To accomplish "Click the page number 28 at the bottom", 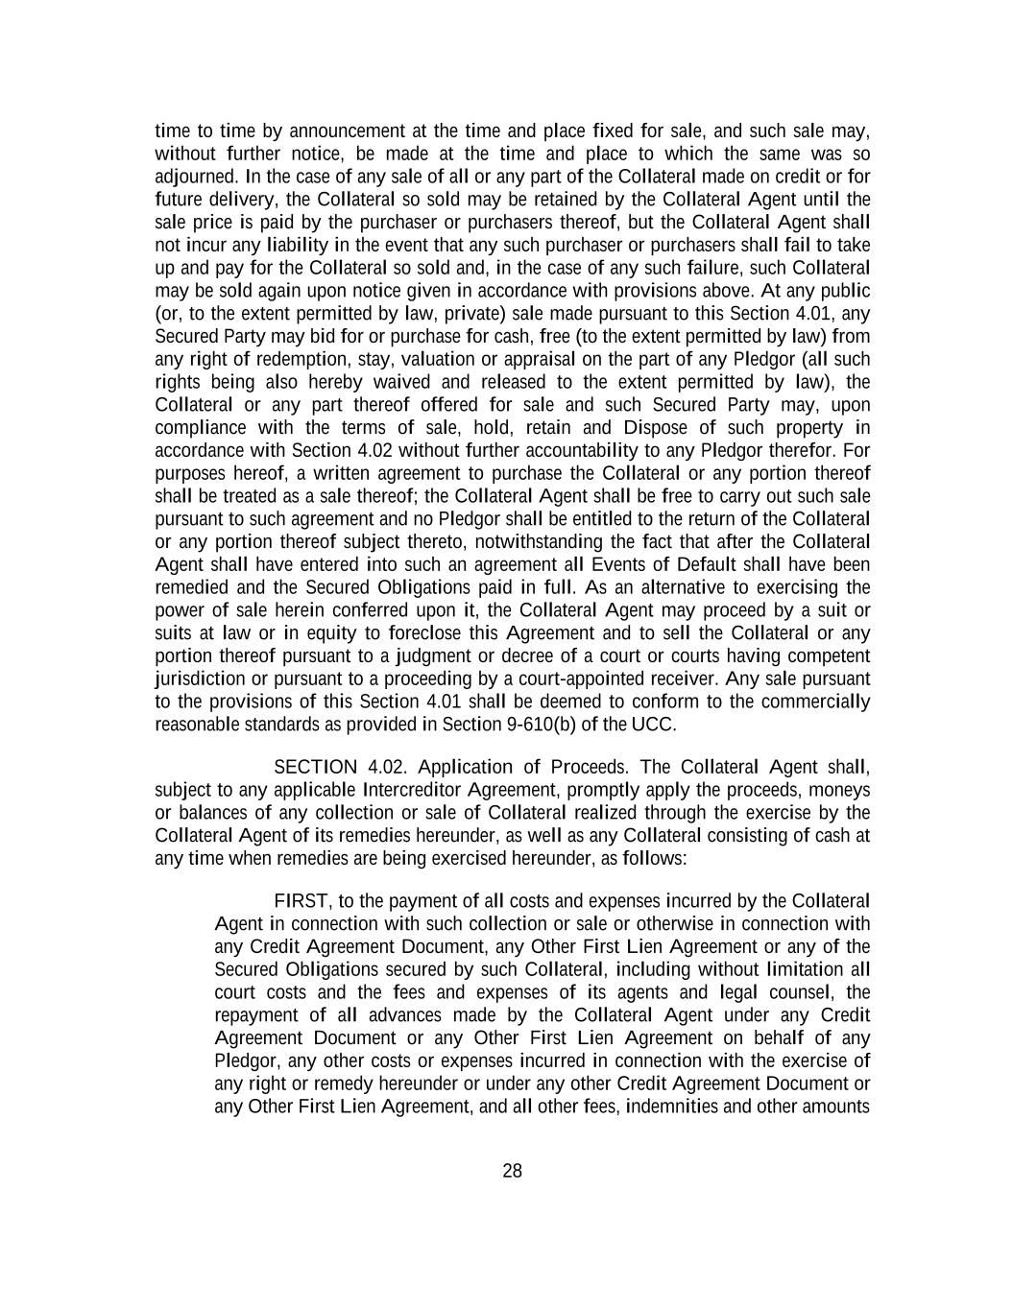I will (512, 1171).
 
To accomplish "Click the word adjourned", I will (195, 177).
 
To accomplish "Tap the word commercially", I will (821, 702).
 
